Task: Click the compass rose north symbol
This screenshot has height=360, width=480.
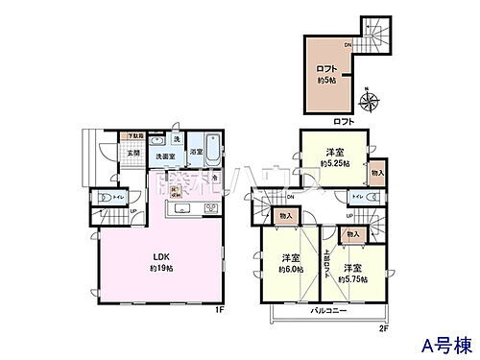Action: coord(369,98)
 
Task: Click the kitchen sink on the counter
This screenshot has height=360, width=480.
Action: coord(181,210)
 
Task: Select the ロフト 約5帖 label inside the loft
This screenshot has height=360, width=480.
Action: coord(326,73)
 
